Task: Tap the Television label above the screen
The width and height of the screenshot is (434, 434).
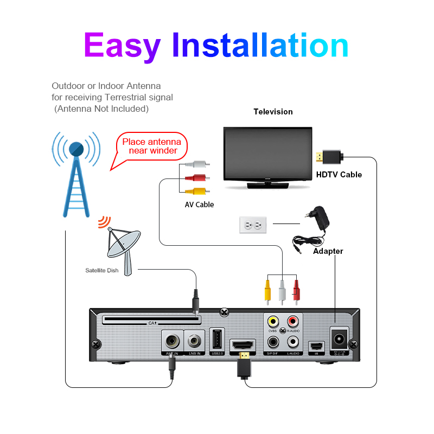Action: [273, 112]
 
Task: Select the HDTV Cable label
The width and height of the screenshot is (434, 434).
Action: [339, 175]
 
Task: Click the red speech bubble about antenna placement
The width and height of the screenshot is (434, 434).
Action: [152, 146]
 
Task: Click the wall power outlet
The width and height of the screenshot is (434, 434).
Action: [253, 225]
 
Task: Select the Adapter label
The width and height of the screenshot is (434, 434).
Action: [328, 251]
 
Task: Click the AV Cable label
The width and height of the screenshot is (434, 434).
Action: [199, 205]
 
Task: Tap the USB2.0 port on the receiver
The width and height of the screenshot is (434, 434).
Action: [216, 341]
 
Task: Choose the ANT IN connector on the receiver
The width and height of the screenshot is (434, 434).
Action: [173, 342]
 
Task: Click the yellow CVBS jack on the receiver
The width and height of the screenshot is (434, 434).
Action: [273, 322]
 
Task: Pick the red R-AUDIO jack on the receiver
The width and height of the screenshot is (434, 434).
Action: [293, 322]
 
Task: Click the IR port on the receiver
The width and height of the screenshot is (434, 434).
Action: [316, 346]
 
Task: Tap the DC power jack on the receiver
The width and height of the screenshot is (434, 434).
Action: [340, 340]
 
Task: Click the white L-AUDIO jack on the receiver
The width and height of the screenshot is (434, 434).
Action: [293, 342]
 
